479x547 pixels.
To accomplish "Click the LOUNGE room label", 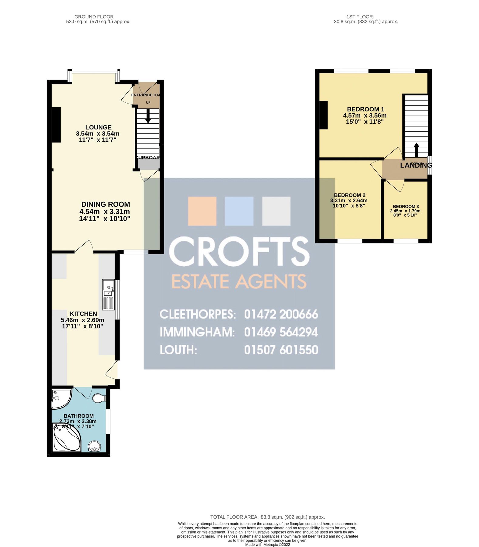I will (98, 127).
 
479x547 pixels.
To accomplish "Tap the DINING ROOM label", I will (105, 204).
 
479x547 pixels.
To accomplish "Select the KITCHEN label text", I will (83, 314).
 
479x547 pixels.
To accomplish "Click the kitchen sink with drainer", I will (108, 294).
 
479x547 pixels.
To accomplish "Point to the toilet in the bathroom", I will (99, 398).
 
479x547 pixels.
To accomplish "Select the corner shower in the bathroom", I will (61, 398).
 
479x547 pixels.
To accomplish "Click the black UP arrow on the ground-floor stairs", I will (148, 116).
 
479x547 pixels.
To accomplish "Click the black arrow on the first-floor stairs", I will (416, 150).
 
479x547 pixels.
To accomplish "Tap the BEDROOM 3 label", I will (406, 206).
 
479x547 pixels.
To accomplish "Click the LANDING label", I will (416, 165).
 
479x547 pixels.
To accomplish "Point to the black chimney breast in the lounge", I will (56, 125).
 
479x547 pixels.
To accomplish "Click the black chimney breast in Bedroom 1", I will (324, 115).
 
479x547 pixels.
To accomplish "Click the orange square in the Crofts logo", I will (202, 211).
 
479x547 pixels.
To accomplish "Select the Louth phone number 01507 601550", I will (281, 350).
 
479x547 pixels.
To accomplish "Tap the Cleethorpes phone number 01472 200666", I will (281, 314).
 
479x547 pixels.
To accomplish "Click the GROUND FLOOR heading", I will (94, 17).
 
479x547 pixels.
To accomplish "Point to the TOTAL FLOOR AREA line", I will (267, 517).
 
